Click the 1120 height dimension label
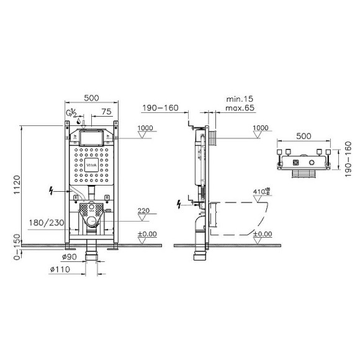pos(17,184)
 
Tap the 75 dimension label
pos(107,112)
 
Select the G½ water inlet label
pos(71,113)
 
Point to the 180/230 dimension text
pos(47,223)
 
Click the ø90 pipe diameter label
pos(70,257)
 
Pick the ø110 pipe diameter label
pos(60,269)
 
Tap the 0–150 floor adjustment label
pos(17,247)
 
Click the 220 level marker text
pos(144,210)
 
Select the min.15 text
pos(240,99)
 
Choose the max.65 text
pos(240,108)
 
